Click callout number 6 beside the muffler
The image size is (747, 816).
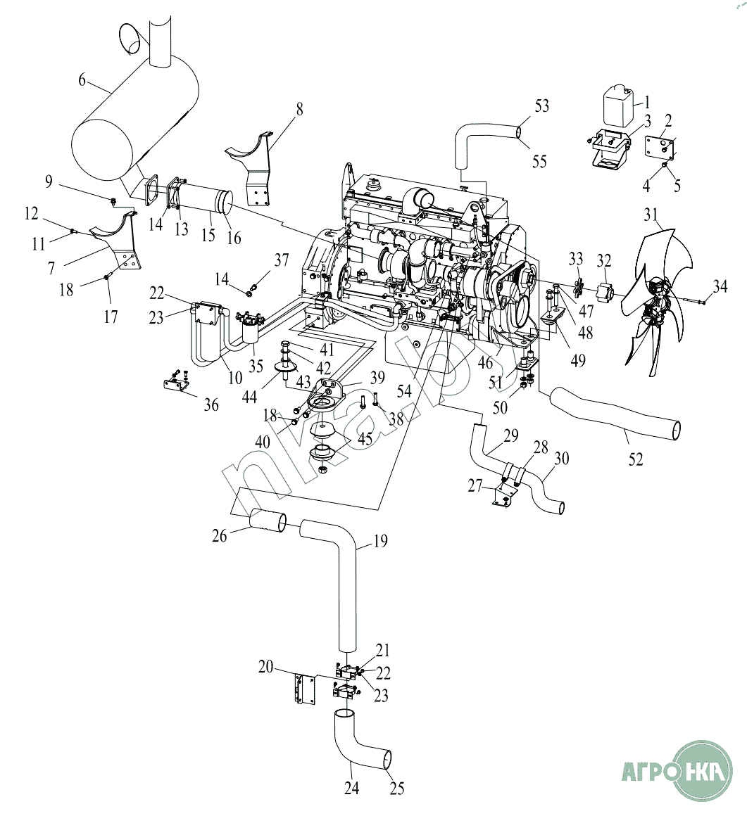82,80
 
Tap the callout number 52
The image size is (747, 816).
636,459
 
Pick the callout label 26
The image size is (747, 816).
220,536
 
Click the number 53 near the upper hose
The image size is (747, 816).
541,106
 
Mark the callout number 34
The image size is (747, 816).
719,285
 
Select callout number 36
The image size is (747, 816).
211,404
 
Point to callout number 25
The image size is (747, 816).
397,789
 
